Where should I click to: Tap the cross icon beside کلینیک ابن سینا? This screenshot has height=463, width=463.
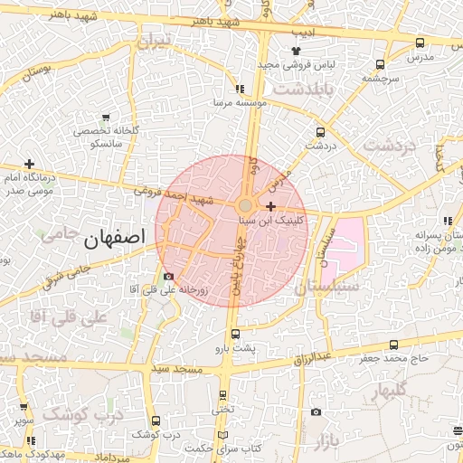point(271,207)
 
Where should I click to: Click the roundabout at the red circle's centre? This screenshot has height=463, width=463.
point(246,206)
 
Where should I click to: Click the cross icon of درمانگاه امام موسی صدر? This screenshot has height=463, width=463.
point(30,165)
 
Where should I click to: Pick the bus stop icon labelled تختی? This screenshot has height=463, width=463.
point(223,395)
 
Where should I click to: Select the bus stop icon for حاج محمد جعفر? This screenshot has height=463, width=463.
point(393,345)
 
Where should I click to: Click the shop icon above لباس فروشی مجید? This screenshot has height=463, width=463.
point(295,51)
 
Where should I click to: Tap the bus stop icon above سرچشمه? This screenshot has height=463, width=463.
point(379,64)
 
